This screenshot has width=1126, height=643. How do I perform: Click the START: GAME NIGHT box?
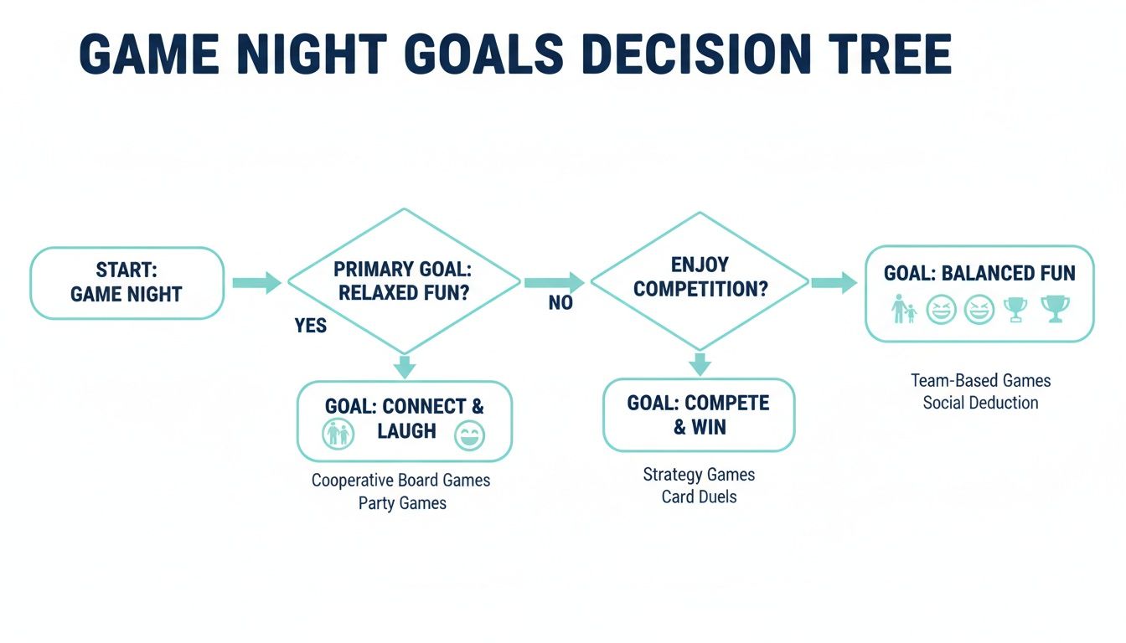point(127,283)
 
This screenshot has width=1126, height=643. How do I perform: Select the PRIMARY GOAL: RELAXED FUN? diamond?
point(404,281)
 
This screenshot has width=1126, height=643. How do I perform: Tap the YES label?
point(311,326)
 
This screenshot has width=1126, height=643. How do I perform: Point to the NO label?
point(560,304)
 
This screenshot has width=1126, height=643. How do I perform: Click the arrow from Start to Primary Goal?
point(256,283)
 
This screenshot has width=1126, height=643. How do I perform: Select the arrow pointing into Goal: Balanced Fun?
point(834,283)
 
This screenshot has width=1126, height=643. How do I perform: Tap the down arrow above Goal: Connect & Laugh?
point(405,366)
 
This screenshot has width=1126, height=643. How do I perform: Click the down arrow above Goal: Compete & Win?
point(700,363)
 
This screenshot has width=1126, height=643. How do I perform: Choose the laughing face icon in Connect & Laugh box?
point(469,435)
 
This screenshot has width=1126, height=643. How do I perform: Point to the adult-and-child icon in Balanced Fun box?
point(903,310)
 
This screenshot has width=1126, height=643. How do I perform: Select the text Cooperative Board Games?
point(400,481)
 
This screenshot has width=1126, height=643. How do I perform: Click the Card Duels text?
point(699,496)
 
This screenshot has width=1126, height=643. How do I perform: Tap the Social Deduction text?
point(980,403)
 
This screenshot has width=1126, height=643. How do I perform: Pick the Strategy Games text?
point(699,475)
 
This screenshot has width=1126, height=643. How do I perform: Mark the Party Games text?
point(402,503)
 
